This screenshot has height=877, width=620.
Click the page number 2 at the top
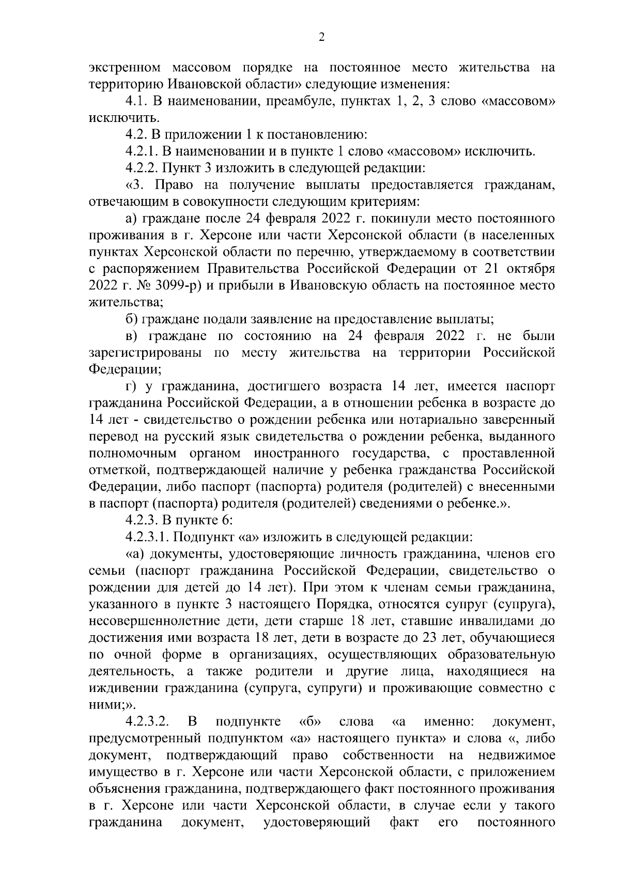tap(321, 37)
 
